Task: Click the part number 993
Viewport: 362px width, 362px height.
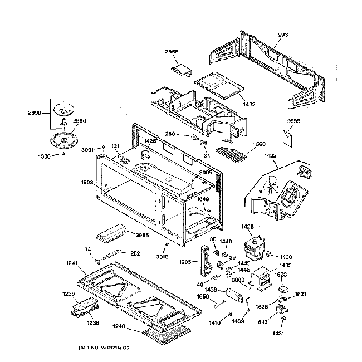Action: click(283, 36)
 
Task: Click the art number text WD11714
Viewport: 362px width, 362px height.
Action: click(104, 348)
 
